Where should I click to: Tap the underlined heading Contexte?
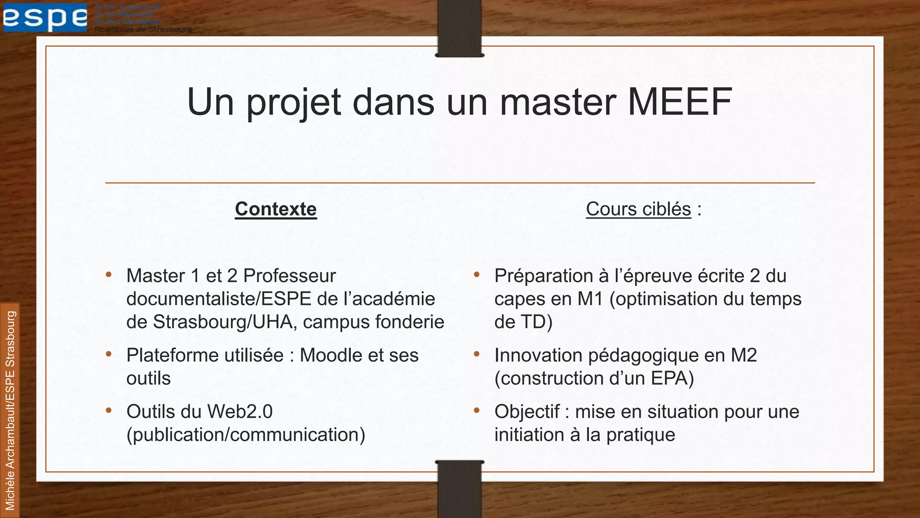click(276, 209)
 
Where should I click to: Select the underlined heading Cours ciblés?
click(638, 209)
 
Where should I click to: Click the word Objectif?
click(527, 411)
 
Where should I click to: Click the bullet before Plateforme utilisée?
click(109, 354)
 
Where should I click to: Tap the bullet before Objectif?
click(477, 411)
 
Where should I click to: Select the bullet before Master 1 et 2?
click(109, 275)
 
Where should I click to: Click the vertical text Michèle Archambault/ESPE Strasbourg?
click(10, 410)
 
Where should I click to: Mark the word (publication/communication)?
click(246, 435)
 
